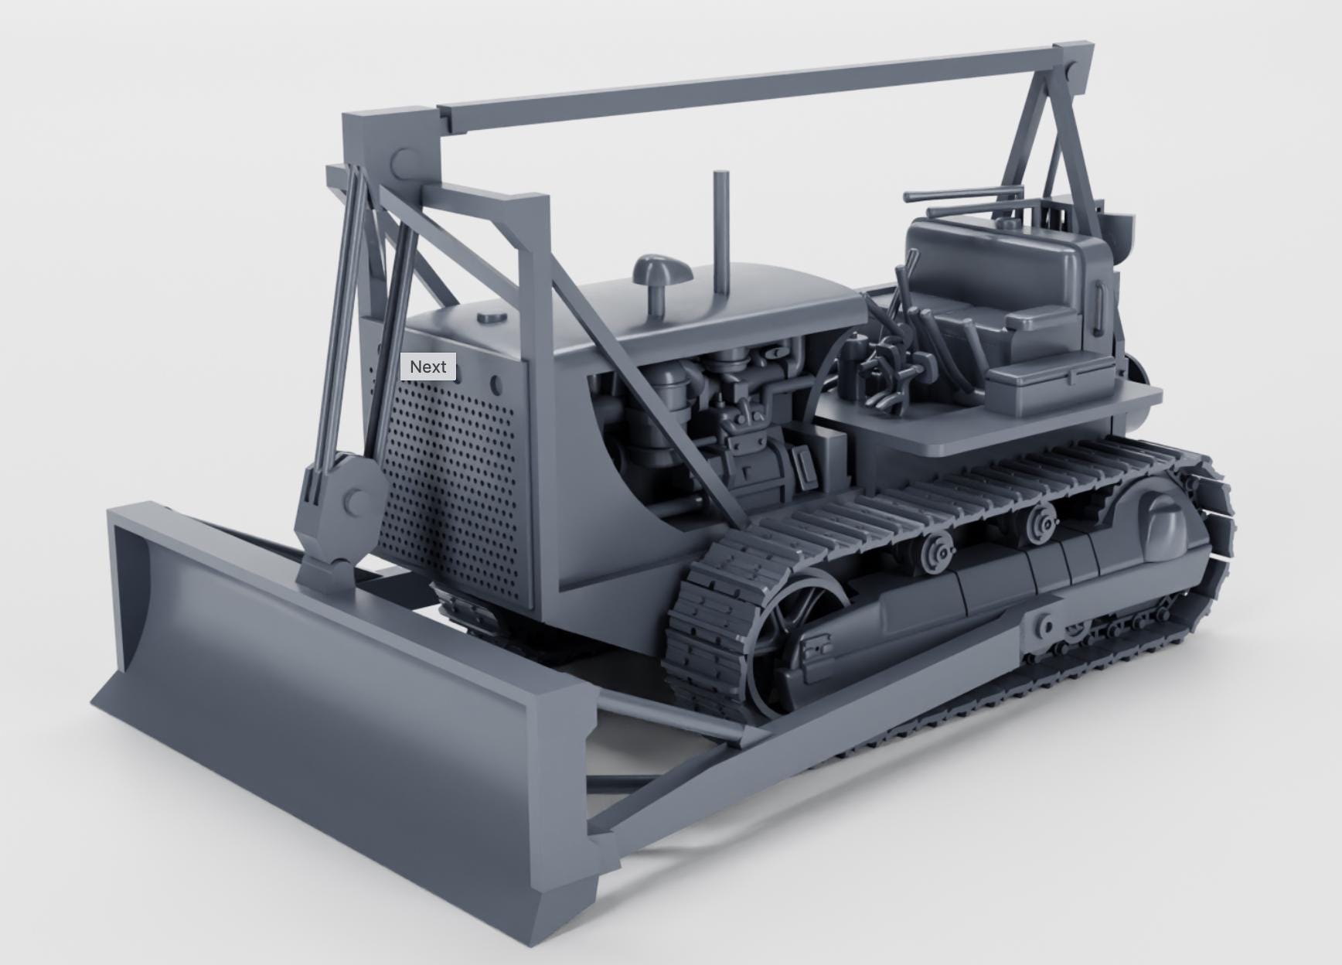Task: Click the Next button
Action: tap(428, 367)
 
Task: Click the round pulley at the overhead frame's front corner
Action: tap(404, 162)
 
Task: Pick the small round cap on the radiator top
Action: tap(492, 317)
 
